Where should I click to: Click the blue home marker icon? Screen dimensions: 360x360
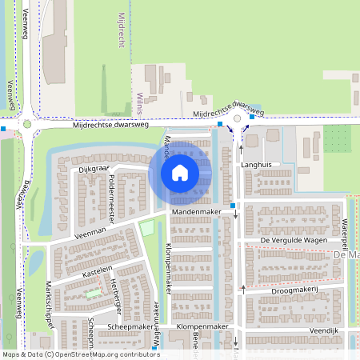pyautogui.click(x=180, y=172)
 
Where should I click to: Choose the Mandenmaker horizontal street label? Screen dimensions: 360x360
pyautogui.click(x=196, y=212)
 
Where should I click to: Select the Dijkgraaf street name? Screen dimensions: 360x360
pyautogui.click(x=94, y=169)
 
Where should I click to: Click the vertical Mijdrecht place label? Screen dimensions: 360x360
pyautogui.click(x=122, y=31)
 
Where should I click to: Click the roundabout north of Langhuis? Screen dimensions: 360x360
pyautogui.click(x=237, y=119)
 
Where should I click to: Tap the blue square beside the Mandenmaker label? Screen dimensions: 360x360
pyautogui.click(x=233, y=206)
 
